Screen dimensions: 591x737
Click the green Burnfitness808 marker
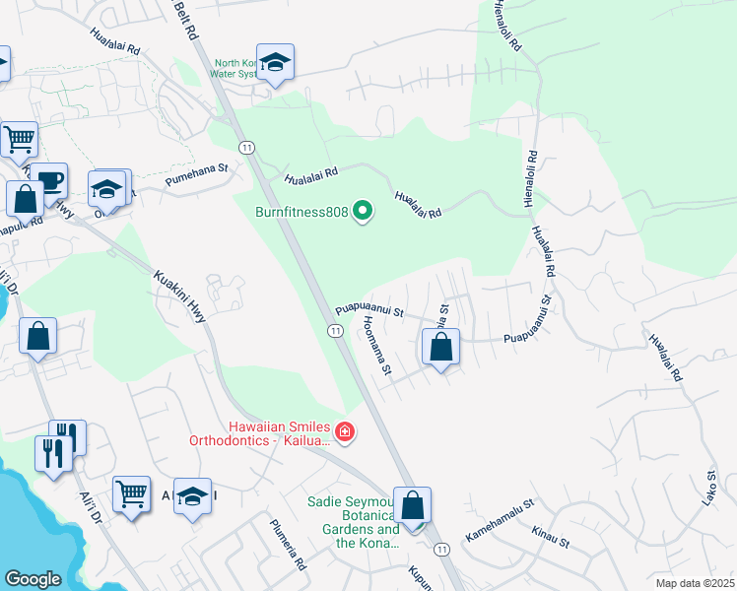click(364, 212)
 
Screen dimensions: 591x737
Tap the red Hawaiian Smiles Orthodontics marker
click(344, 430)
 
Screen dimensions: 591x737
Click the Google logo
click(33, 579)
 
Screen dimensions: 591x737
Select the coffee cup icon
click(48, 181)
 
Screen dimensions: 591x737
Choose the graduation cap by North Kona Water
click(276, 62)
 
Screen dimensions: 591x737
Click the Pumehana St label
click(196, 173)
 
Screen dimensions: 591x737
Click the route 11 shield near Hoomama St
click(336, 331)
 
